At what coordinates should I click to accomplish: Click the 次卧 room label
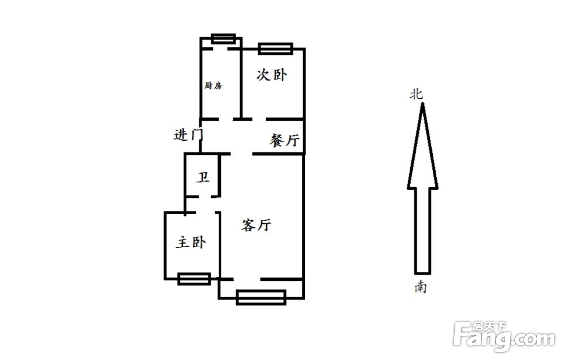tap(272, 75)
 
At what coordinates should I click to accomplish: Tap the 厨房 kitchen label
tap(213, 86)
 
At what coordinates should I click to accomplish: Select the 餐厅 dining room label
tap(285, 140)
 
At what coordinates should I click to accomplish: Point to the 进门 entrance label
tap(188, 135)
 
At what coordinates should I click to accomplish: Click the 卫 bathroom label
tap(203, 177)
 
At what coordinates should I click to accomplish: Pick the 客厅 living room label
tap(256, 225)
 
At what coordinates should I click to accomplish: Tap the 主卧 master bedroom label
tap(191, 242)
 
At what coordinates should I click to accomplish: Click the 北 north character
tap(416, 94)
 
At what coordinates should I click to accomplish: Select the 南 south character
tap(420, 287)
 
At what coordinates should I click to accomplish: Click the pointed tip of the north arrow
tap(423, 103)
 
